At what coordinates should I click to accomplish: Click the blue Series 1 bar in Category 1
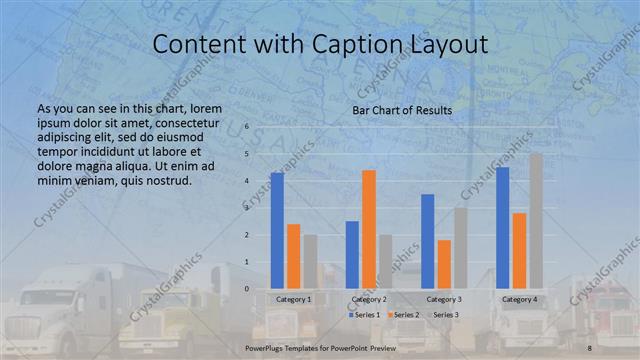click(277, 231)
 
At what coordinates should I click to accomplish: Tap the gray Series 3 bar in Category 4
click(536, 221)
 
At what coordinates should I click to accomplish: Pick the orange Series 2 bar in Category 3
click(444, 264)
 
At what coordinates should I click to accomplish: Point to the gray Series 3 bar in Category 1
click(311, 262)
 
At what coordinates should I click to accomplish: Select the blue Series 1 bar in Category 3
click(427, 241)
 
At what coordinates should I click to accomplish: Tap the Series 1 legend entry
click(364, 315)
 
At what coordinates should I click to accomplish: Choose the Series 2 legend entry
click(403, 315)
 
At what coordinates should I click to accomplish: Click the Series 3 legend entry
click(443, 315)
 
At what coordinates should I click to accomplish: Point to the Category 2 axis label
click(368, 299)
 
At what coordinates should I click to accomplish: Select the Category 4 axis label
click(519, 299)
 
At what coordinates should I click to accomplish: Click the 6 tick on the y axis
click(247, 128)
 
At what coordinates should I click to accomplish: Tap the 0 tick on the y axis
click(247, 289)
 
